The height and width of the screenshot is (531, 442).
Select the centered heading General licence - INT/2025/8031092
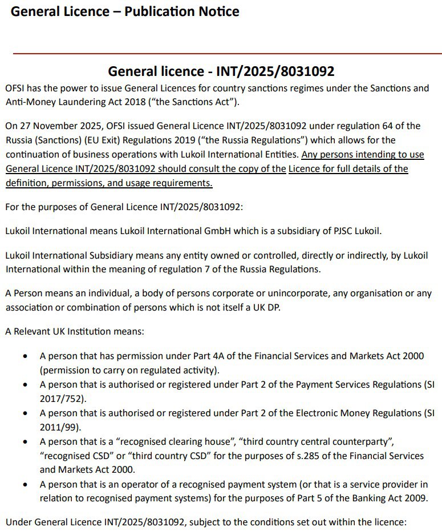pyautogui.click(x=221, y=71)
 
